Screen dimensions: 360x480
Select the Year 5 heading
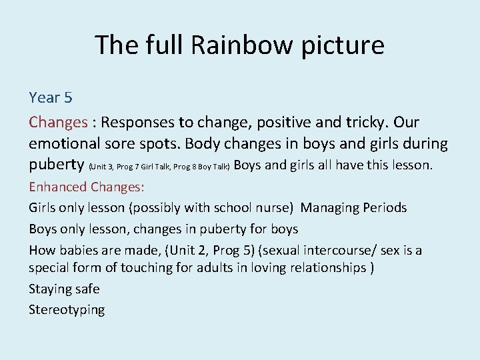51,98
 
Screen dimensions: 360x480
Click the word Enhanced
58,187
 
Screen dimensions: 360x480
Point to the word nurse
272,208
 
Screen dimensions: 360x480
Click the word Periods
384,208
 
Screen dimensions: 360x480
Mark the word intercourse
339,251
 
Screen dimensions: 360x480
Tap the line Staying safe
64,289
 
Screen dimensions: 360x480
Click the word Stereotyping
67,310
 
